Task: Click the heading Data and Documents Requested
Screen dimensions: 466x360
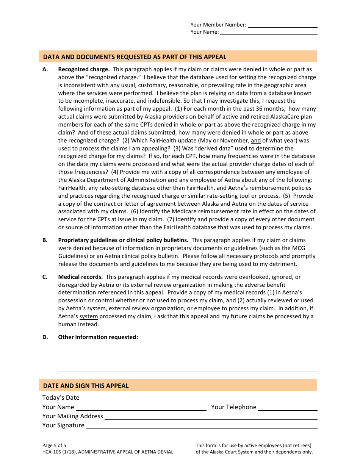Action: [135, 57]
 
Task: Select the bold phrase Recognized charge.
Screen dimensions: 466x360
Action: [84, 69]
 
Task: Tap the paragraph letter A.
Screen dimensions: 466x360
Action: [45, 69]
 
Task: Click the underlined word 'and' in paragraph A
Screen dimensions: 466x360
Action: [256, 141]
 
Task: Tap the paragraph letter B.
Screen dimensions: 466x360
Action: [45, 240]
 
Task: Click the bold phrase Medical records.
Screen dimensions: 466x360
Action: [80, 277]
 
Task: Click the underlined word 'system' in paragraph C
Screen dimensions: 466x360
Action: [89, 316]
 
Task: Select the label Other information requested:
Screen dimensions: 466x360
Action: [98, 337]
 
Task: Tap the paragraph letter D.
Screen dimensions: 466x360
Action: [45, 337]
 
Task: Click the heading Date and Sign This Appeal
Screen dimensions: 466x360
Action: [86, 386]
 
